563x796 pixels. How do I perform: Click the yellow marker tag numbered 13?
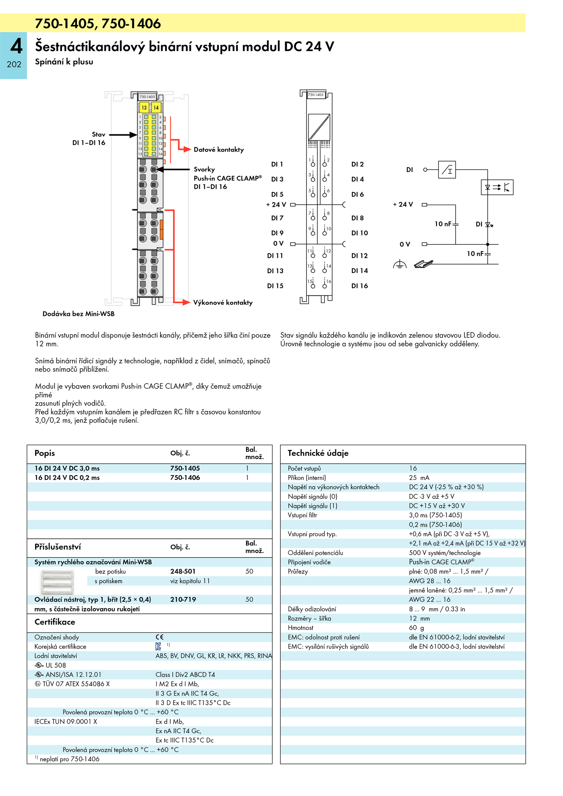coord(144,107)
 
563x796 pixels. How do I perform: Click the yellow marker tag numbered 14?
coord(156,107)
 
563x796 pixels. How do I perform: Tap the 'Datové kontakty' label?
coord(219,149)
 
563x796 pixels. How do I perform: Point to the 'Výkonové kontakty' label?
coord(223,303)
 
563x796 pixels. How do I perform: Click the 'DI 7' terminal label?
coord(277,218)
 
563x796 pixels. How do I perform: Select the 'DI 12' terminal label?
coord(359,256)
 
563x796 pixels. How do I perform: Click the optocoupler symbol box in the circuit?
coord(497,187)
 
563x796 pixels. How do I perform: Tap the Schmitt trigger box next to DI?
coord(447,170)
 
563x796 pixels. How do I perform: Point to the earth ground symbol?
coord(400,264)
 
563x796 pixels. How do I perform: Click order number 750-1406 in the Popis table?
coord(185,477)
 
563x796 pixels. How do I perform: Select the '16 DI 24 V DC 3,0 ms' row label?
coord(67,468)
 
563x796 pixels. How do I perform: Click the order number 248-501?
coord(183,571)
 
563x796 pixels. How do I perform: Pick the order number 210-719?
coord(183,599)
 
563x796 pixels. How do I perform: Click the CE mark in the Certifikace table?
coord(159,637)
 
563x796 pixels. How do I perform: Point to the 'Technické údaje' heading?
coord(318,453)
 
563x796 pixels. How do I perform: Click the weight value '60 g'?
coord(416,628)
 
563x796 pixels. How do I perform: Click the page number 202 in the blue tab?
coord(14,64)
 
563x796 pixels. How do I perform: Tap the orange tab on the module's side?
coord(162,229)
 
